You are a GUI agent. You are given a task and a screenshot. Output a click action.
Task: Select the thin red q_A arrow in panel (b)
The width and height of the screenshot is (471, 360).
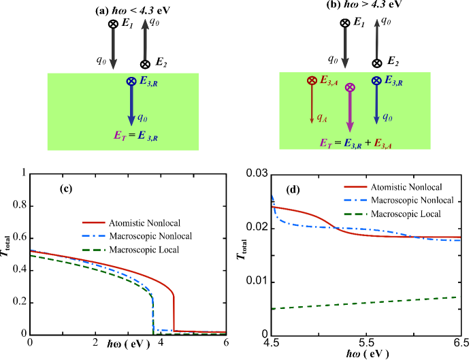pos(312,105)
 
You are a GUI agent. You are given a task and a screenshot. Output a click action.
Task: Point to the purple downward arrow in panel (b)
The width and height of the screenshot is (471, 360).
pos(350,112)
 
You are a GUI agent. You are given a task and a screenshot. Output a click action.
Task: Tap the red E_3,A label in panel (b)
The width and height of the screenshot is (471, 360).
pos(326,80)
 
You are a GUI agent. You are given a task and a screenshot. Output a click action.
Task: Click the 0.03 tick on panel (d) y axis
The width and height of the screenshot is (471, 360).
pos(259,174)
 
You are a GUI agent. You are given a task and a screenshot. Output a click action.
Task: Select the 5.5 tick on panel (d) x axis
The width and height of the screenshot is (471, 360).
pos(366,342)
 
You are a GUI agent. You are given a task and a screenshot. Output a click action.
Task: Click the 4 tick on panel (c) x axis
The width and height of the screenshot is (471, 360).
pos(161,342)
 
